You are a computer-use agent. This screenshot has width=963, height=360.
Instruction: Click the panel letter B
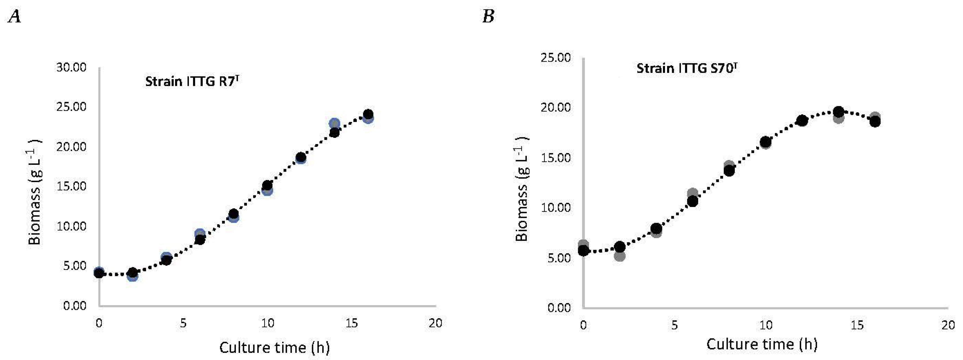tap(488, 17)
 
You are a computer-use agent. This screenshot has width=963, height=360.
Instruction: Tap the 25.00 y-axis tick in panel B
tap(556, 58)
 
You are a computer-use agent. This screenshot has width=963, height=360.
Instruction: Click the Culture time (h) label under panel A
tap(274, 348)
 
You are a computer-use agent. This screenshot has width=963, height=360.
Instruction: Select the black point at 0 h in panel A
tap(99, 273)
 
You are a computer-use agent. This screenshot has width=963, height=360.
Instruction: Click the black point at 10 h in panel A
tap(267, 185)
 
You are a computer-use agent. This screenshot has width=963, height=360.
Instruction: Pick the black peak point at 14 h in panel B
tap(839, 112)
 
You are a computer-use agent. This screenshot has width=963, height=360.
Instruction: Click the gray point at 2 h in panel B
tap(619, 256)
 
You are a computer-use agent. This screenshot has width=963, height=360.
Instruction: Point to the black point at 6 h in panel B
tap(693, 201)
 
